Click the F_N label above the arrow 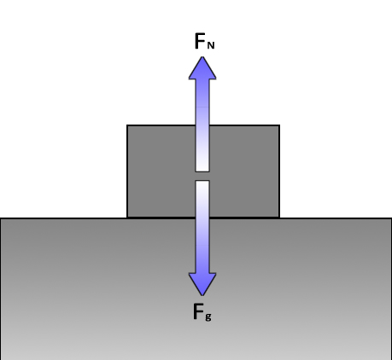coord(204,41)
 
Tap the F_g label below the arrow coord(202,312)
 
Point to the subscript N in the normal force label coord(211,45)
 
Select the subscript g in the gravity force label coord(208,316)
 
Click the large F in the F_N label coord(200,41)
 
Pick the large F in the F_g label coord(198,311)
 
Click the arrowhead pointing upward coord(202,68)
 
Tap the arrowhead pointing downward coord(202,284)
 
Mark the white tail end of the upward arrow coord(202,170)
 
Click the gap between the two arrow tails coord(202,176)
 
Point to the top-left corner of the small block coord(127,125)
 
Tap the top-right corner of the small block coord(279,125)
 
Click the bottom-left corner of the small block coord(127,218)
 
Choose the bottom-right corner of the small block coord(279,218)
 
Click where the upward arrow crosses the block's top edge coord(202,125)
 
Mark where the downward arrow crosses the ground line coord(202,218)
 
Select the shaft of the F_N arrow coord(202,125)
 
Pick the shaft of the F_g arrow coord(202,227)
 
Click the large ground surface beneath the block coord(196,289)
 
